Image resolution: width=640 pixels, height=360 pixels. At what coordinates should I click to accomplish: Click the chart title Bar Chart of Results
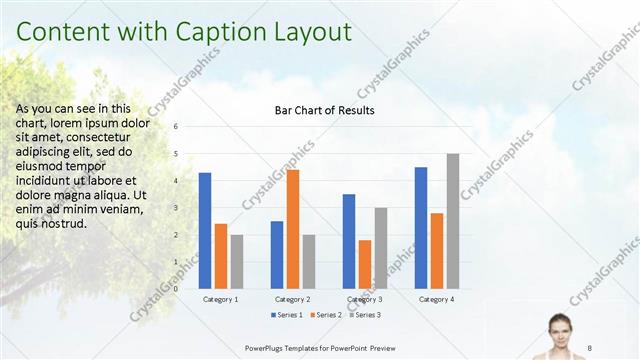click(x=324, y=110)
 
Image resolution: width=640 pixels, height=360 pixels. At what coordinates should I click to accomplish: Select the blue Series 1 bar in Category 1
click(x=205, y=230)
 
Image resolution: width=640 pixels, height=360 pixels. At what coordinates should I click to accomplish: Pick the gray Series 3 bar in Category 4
click(x=453, y=221)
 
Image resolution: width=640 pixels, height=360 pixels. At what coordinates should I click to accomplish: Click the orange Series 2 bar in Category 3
click(x=365, y=264)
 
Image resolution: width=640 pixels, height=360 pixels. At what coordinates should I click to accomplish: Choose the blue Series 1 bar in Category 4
click(x=421, y=227)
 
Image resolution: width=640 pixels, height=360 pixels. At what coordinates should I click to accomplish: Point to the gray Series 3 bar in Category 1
click(x=237, y=261)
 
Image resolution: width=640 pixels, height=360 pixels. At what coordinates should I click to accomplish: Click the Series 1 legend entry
click(x=287, y=315)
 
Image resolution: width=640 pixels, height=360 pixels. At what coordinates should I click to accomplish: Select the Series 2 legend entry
click(x=326, y=315)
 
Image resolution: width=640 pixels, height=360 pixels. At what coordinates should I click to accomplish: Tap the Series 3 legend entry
click(x=364, y=315)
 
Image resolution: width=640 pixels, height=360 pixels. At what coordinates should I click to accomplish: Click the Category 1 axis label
click(x=221, y=299)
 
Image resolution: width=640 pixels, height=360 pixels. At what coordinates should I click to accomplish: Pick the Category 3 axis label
click(x=365, y=299)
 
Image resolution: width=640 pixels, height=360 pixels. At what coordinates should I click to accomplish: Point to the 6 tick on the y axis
click(x=175, y=127)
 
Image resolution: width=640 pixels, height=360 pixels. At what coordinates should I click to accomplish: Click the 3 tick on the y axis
click(x=175, y=208)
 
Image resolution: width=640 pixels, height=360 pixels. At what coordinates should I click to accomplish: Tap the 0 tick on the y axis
click(x=175, y=289)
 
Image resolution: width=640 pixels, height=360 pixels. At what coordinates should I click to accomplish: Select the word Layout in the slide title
click(x=308, y=32)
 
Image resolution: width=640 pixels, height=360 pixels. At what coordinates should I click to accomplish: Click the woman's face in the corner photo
click(x=561, y=326)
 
